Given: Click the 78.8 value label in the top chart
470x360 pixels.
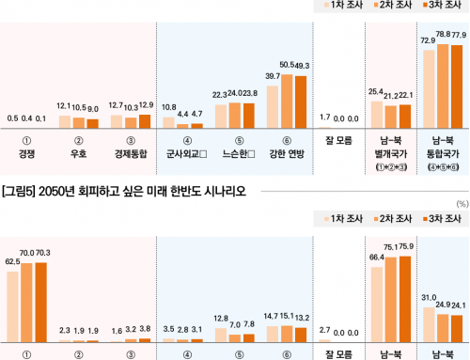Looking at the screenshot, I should (x=443, y=33).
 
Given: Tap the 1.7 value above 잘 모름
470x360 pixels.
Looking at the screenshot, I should (x=325, y=117).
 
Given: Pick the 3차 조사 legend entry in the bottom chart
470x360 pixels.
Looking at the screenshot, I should (x=438, y=219).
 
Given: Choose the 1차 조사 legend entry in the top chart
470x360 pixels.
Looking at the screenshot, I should (x=336, y=5).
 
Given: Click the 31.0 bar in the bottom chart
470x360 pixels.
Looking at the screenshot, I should (x=429, y=319).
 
